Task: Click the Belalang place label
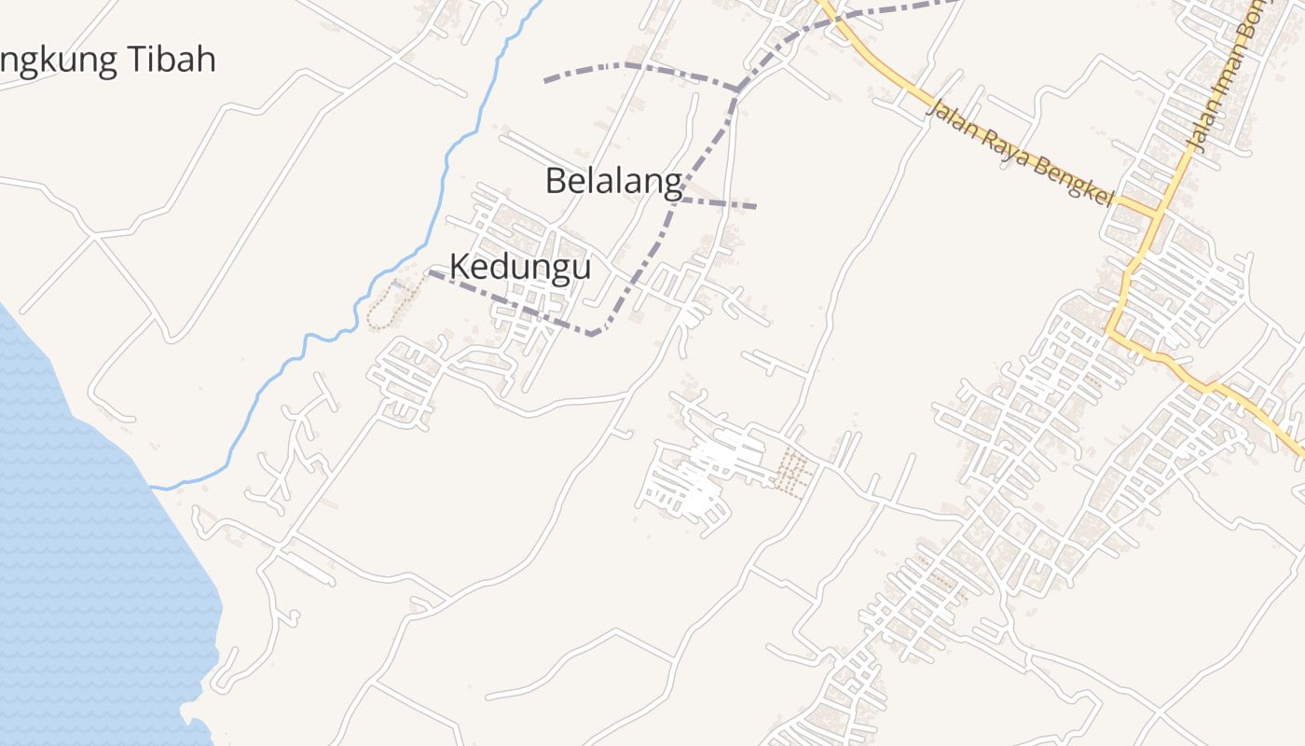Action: point(612,181)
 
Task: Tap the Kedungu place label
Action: point(520,267)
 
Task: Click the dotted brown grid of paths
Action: point(793,471)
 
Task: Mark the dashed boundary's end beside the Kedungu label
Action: point(431,272)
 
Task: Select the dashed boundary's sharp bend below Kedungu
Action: point(594,334)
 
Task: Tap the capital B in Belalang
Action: point(556,181)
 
